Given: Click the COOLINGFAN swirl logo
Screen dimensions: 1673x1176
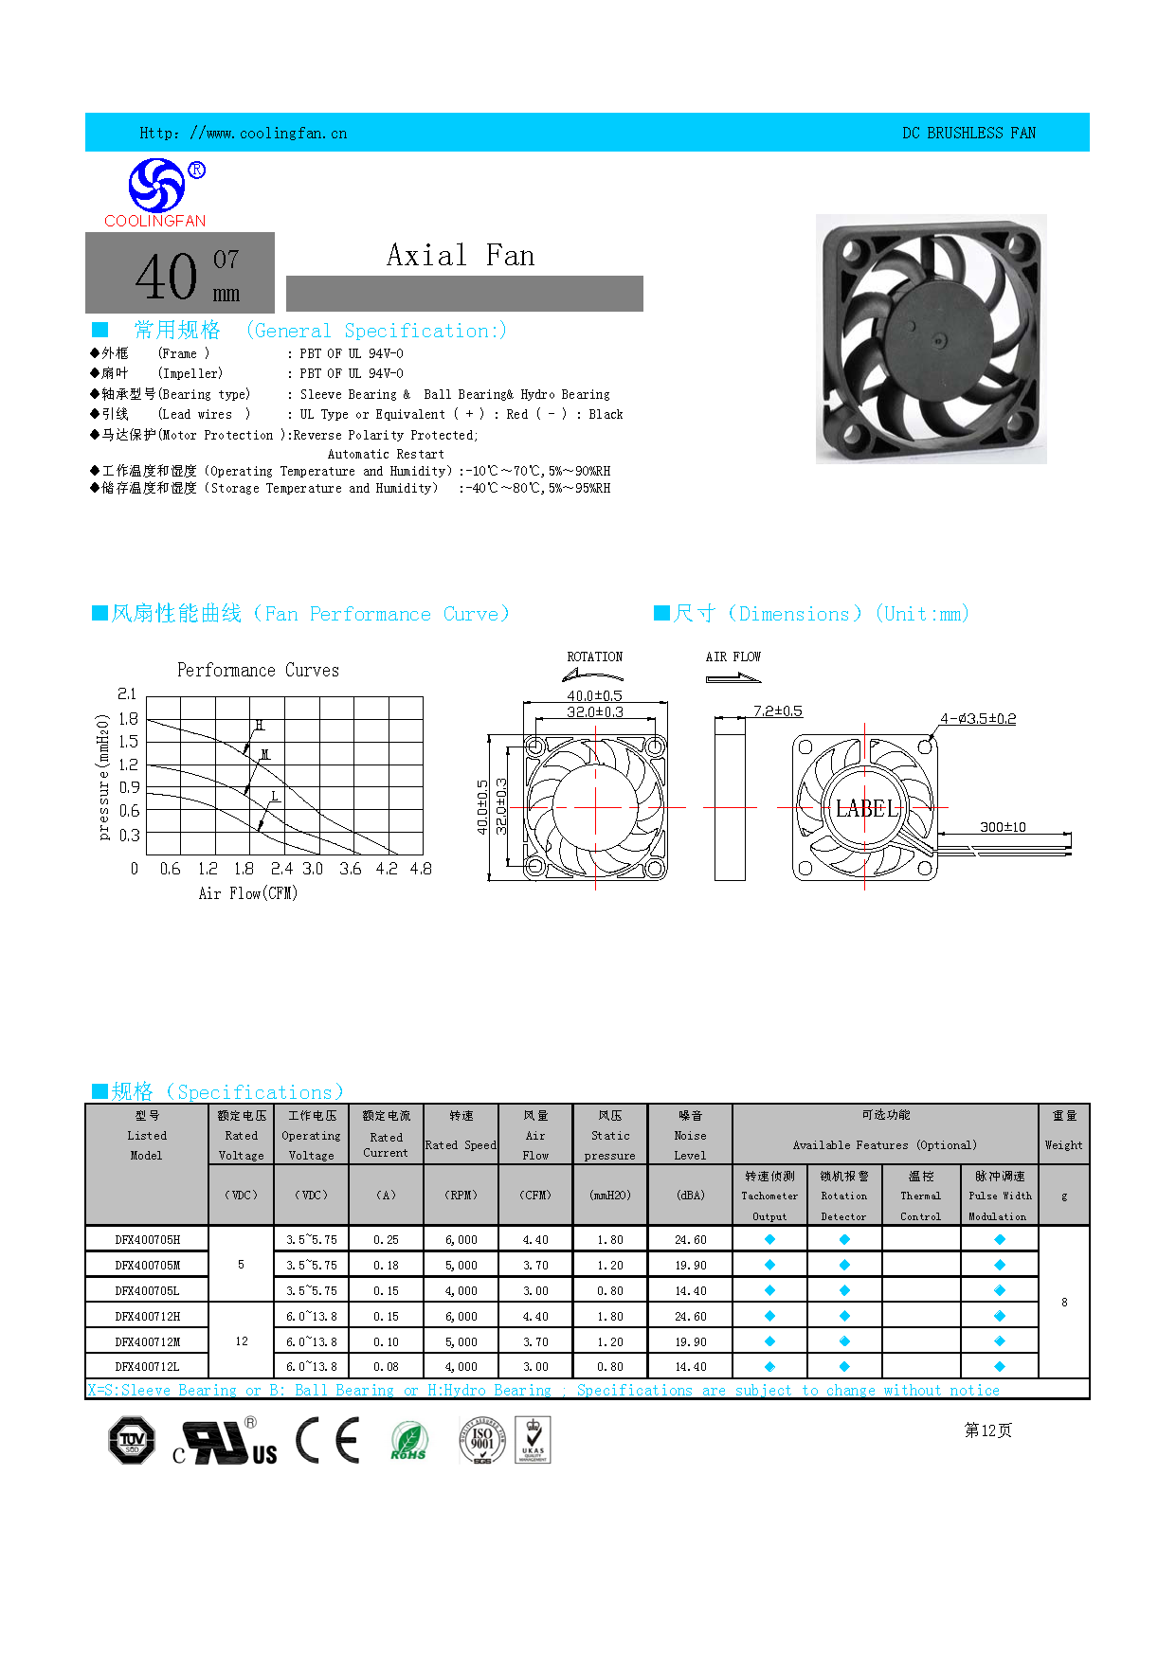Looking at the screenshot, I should click(156, 186).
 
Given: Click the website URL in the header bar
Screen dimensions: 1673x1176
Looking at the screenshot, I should click(244, 134).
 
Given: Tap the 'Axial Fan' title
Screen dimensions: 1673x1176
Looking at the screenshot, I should click(461, 256).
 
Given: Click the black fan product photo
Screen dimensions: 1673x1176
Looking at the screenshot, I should click(931, 338).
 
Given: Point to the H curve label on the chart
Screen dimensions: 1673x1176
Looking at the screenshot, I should click(260, 726).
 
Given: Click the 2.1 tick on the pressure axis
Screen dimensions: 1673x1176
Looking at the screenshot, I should click(127, 694).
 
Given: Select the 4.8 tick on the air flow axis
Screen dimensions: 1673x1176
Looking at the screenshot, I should click(421, 869).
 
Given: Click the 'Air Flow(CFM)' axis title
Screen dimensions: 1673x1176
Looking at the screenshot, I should click(248, 893).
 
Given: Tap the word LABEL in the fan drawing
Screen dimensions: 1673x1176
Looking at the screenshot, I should click(865, 809).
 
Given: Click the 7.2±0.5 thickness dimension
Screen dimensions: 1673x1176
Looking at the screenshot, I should click(777, 711).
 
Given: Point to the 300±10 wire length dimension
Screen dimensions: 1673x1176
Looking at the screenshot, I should click(1003, 827).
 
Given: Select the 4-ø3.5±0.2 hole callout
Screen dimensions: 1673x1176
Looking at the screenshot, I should click(978, 719).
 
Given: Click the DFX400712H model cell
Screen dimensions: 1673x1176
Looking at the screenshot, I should click(147, 1316).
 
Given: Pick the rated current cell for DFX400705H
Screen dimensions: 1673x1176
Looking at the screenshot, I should click(386, 1239).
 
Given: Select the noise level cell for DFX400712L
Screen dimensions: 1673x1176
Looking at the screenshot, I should click(690, 1367).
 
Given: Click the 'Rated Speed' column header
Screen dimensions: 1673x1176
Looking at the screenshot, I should click(461, 1145).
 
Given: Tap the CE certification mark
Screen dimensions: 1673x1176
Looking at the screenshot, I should click(328, 1441).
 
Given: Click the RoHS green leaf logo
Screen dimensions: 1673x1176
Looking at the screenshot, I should click(408, 1442).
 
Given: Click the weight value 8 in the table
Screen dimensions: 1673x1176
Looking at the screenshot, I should click(1064, 1303).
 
